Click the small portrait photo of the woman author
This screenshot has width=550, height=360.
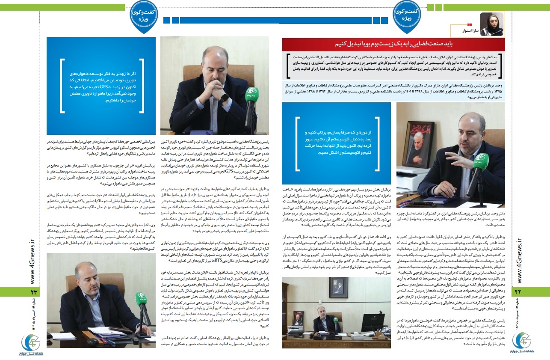(x=492, y=24)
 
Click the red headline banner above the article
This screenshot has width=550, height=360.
(x=393, y=45)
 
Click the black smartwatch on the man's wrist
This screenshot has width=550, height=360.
(x=224, y=97)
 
